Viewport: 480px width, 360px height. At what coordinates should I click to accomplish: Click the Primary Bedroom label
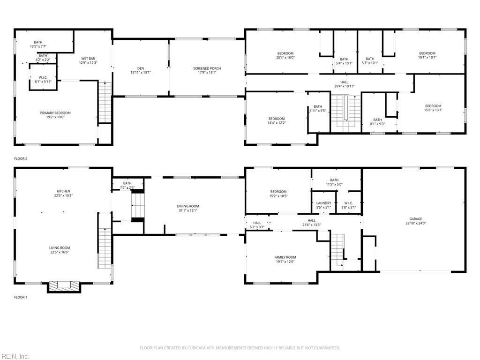coord(55,113)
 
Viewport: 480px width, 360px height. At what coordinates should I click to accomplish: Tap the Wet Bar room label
coord(88,59)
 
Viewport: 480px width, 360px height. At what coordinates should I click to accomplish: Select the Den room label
coord(141,68)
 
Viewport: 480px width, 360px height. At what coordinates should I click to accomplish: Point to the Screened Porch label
coord(207,68)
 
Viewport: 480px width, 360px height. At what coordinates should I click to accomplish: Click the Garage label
coord(415,219)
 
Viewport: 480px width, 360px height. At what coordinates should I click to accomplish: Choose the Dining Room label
coord(187,206)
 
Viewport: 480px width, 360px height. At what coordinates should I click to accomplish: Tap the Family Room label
coord(285,257)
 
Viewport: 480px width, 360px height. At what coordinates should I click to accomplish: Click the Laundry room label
coord(323,203)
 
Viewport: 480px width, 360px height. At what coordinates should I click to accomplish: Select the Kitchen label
coord(63,191)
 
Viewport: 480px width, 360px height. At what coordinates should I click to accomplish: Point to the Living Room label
coord(60,248)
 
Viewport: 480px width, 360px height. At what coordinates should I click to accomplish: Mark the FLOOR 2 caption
coord(21,159)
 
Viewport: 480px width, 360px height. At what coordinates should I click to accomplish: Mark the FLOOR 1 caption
coord(21,297)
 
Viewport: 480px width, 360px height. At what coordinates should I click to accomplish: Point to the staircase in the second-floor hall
coord(346,113)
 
